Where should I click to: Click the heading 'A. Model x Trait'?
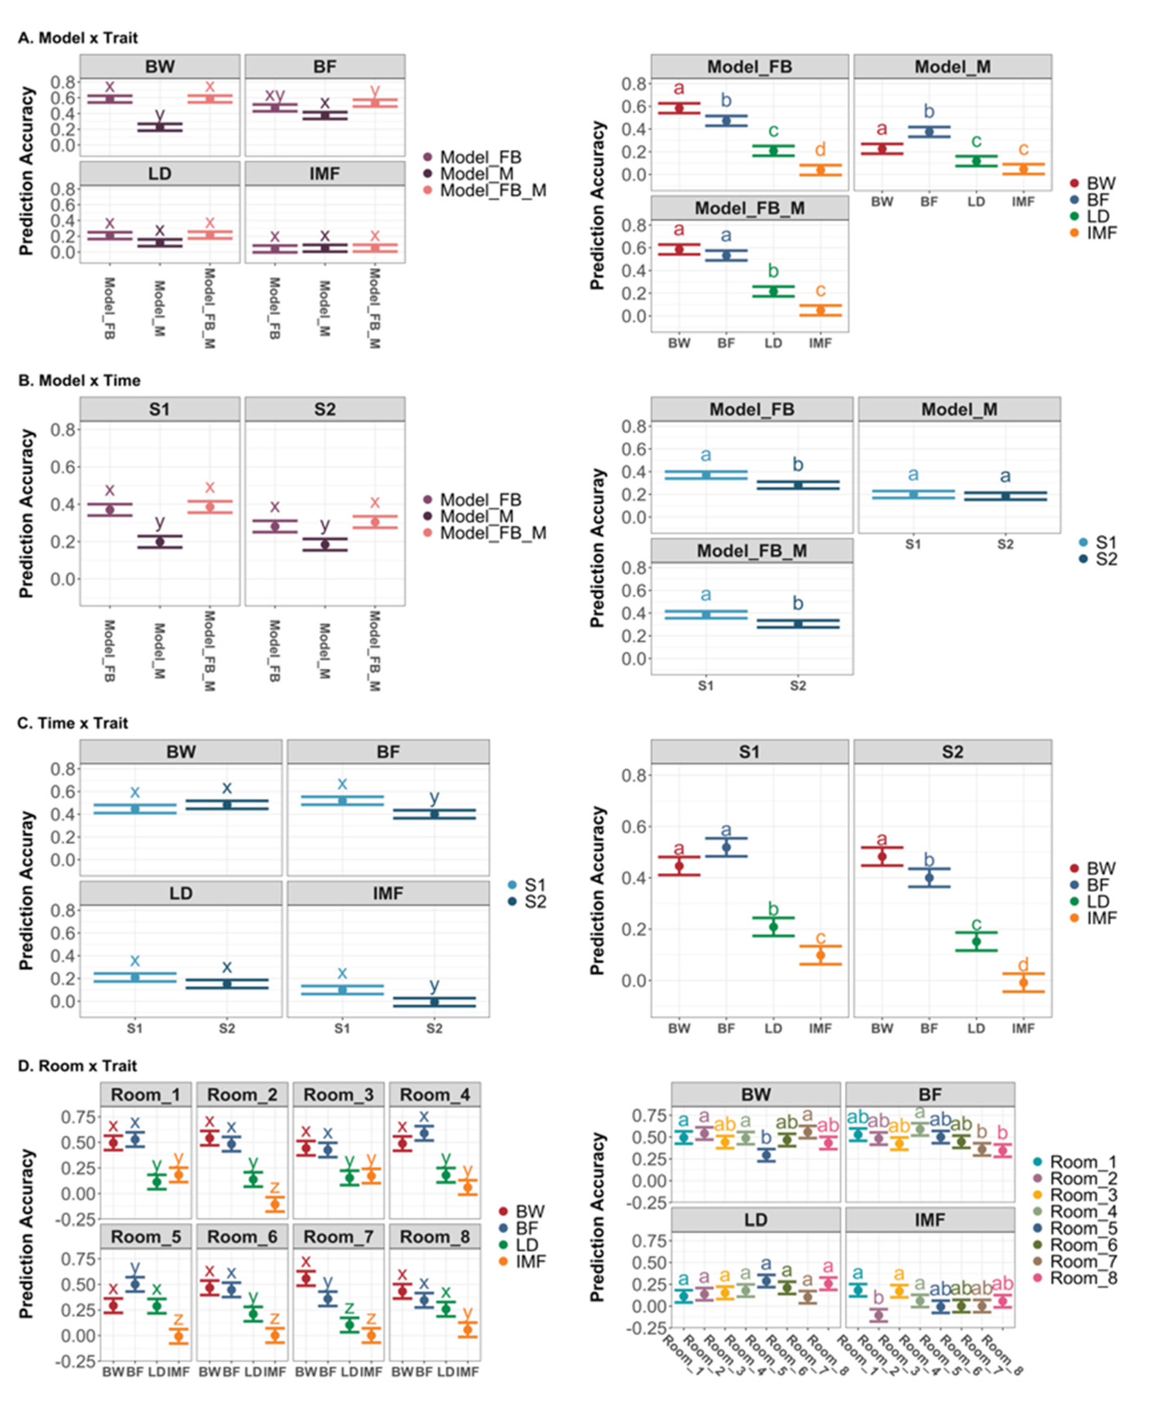(78, 38)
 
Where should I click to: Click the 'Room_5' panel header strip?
(145, 1237)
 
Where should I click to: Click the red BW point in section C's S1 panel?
(679, 866)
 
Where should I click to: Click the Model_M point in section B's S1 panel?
(159, 541)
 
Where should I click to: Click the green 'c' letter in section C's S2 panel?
(976, 924)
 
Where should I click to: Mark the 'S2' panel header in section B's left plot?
(325, 410)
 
